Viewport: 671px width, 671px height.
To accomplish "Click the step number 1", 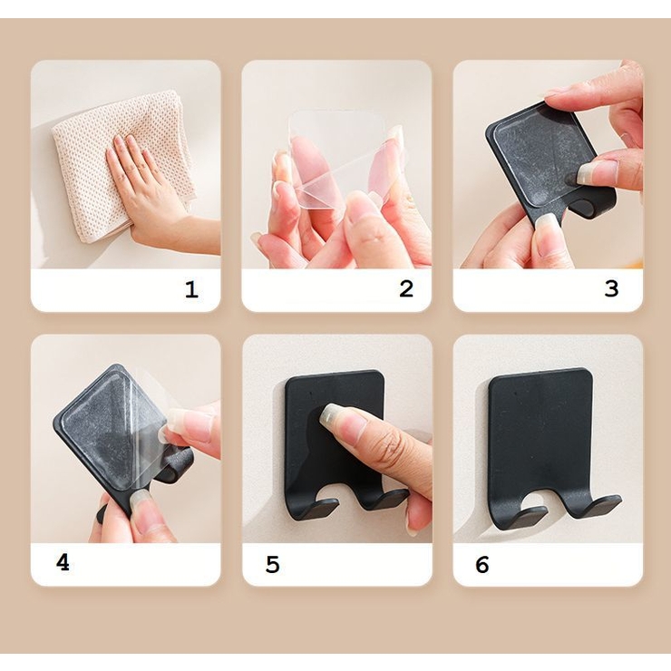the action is [191, 290].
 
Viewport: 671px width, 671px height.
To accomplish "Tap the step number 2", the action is [406, 289].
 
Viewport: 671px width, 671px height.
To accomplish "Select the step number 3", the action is [611, 289].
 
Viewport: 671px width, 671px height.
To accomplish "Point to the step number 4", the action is [63, 562].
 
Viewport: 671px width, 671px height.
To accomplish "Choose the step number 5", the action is [273, 564].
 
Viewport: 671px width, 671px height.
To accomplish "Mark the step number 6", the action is [482, 564].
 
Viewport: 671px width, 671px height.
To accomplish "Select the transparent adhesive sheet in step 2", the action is [343, 159].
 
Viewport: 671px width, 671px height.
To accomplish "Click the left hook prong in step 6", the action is [520, 511].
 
